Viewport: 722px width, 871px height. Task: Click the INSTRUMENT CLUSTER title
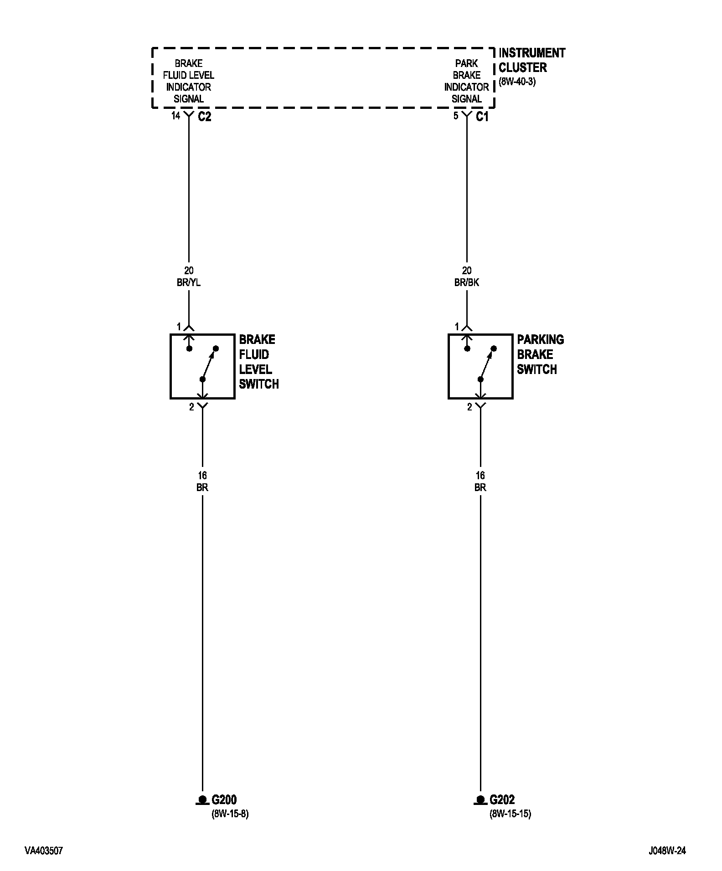(x=531, y=60)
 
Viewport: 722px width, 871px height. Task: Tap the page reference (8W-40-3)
(x=517, y=82)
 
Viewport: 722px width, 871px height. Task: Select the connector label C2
(x=205, y=117)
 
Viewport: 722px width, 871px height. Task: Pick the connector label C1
(x=482, y=117)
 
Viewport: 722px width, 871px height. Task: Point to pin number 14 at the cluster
(x=176, y=116)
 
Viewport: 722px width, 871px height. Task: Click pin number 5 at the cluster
(x=456, y=116)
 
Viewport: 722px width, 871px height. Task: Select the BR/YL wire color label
(x=189, y=282)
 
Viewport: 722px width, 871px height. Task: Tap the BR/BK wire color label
(x=467, y=282)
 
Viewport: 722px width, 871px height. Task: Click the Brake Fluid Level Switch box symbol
(x=202, y=366)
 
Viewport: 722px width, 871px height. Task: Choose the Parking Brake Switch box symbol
(x=480, y=366)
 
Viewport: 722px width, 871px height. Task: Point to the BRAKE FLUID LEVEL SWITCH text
(x=258, y=362)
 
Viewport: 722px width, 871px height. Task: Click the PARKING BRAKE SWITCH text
(x=540, y=354)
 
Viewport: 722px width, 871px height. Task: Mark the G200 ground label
(x=224, y=799)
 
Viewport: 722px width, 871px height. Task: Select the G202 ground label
(x=502, y=799)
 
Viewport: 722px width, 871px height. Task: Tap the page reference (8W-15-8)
(x=230, y=814)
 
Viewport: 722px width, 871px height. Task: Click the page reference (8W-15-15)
(x=511, y=814)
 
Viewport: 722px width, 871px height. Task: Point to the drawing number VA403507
(x=44, y=851)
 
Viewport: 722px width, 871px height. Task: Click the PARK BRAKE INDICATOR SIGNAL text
(x=467, y=81)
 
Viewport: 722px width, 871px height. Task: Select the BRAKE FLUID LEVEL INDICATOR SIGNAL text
(x=189, y=81)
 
